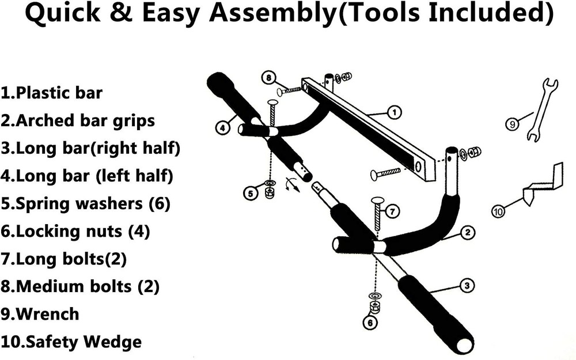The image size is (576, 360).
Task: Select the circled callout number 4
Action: click(223, 128)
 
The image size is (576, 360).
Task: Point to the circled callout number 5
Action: click(250, 194)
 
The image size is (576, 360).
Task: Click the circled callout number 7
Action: click(391, 211)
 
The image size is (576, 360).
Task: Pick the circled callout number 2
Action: click(468, 233)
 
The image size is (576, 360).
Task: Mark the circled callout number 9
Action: click(511, 122)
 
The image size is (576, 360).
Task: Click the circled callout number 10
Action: click(499, 211)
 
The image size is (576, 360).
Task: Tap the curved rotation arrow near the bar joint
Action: click(293, 184)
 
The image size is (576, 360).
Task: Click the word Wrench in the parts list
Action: click(48, 314)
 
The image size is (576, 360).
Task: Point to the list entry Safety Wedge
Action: click(72, 342)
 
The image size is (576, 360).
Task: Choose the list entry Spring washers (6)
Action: click(85, 204)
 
